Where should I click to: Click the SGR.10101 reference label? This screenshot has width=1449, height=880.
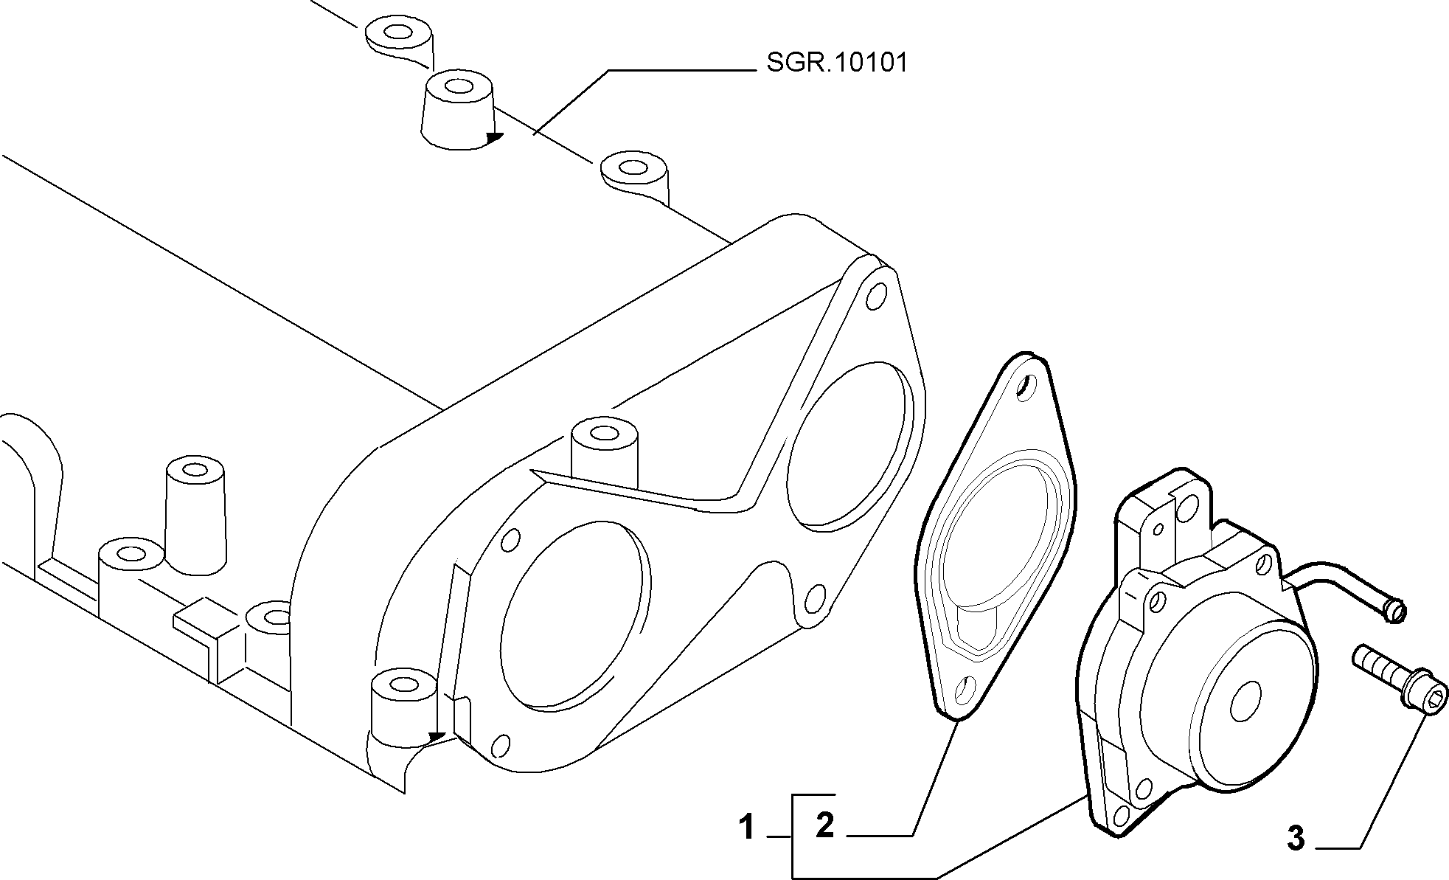tap(837, 63)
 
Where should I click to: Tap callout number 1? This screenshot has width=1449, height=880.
tap(748, 827)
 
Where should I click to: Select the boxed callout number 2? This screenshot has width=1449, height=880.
tap(825, 825)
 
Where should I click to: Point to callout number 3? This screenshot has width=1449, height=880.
tap(1296, 838)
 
